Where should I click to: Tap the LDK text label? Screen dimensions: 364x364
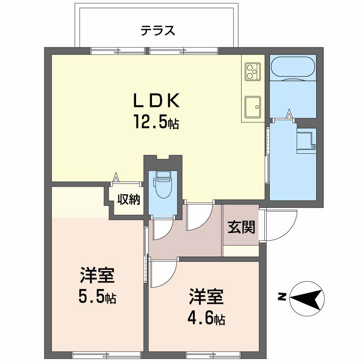pos(157,100)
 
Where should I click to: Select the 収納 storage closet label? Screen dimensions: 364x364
pos(129,199)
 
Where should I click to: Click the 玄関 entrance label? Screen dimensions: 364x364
pos(241,227)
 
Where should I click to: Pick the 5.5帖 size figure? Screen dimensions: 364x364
pos(97,298)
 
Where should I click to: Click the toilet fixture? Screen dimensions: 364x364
pos(162,185)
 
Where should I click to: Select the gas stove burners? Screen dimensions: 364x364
pos(252,71)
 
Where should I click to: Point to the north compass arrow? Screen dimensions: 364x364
pos(307,298)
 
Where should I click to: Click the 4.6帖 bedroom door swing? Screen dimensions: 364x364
pos(162,273)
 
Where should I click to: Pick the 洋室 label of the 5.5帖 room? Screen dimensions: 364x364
pos(97,276)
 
